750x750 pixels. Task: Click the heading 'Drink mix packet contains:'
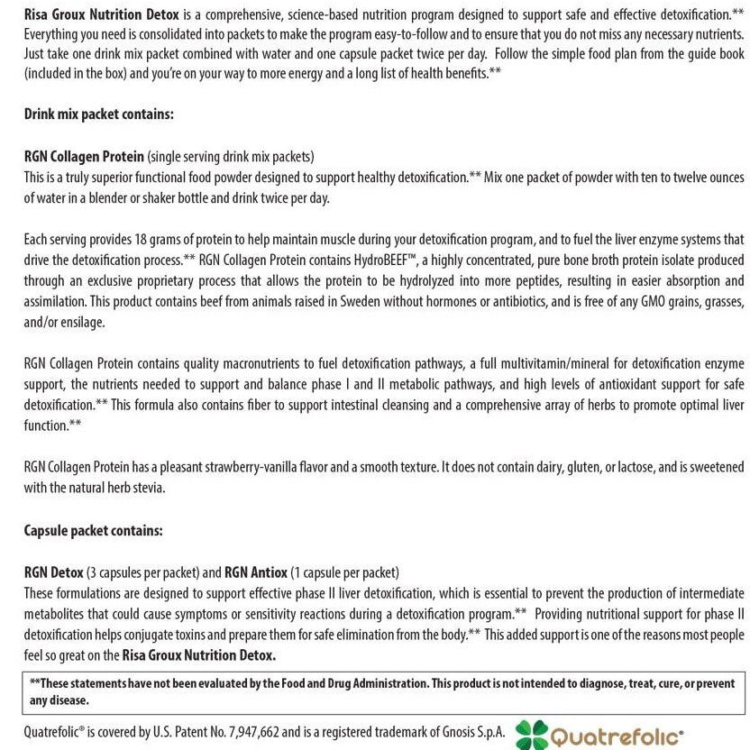(98, 114)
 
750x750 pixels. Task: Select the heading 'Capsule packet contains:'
(95, 530)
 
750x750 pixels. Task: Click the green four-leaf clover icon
(532, 735)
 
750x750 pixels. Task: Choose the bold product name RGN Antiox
(256, 572)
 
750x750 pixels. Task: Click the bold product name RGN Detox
(53, 572)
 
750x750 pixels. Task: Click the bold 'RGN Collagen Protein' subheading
(84, 156)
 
